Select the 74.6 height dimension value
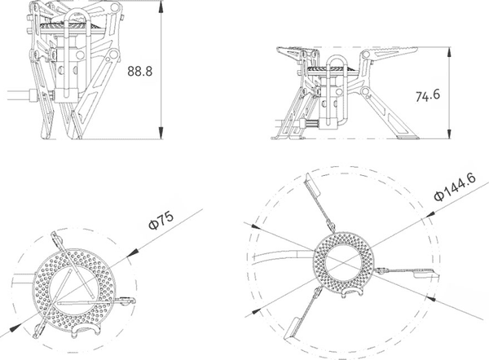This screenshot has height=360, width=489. click(429, 96)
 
